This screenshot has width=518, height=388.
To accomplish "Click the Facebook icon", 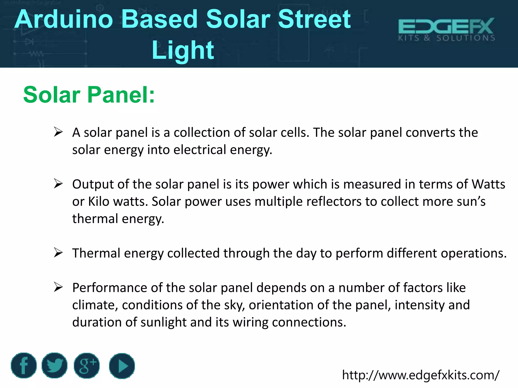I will click(24, 366).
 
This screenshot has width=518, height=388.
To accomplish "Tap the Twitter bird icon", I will click(54, 366).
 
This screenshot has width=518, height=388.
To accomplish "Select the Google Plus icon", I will click(87, 366).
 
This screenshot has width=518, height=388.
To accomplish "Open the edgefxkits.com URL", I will click(421, 375).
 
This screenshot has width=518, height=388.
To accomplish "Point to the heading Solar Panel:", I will click(89, 95).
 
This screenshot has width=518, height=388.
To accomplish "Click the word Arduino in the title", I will click(63, 19).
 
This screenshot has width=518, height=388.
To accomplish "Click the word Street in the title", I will click(314, 19).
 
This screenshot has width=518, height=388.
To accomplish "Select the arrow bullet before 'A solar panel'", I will click(58, 132).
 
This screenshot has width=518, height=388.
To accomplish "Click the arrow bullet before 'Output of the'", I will click(58, 184).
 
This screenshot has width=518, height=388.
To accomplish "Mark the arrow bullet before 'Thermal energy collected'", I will click(58, 253).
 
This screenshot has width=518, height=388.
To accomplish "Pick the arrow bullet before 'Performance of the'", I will click(58, 287).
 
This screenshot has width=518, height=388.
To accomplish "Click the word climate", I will click(95, 305).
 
